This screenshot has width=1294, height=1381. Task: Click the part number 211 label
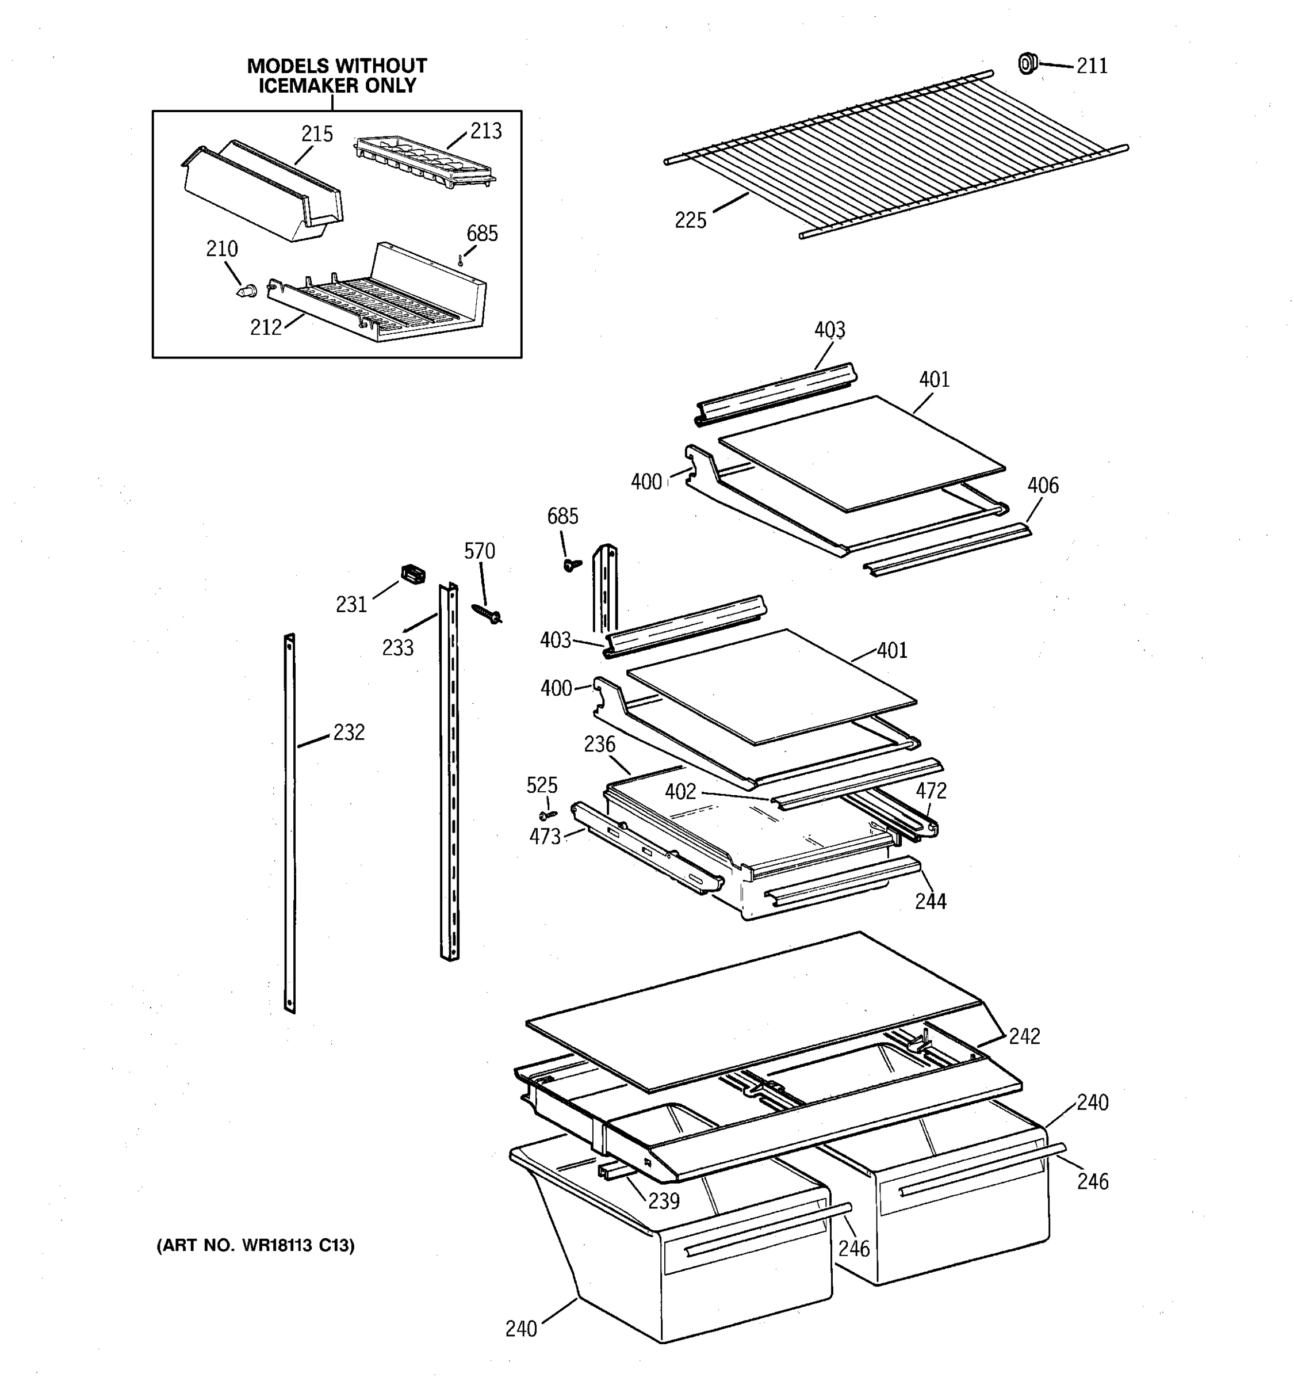pyautogui.click(x=1092, y=66)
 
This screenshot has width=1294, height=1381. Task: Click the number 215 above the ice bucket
pyautogui.click(x=316, y=134)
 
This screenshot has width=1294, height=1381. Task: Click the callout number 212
pyautogui.click(x=266, y=327)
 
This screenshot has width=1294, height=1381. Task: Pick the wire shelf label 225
pyautogui.click(x=690, y=221)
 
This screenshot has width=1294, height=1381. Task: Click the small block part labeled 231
pyautogui.click(x=413, y=574)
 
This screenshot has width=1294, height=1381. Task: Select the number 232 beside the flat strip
pyautogui.click(x=349, y=732)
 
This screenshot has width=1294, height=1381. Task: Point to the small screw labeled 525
pyautogui.click(x=548, y=814)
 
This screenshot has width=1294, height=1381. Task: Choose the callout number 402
pyautogui.click(x=680, y=791)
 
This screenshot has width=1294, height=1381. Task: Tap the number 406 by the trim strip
pyautogui.click(x=1043, y=485)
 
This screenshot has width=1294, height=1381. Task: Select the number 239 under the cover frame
pyautogui.click(x=664, y=1201)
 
